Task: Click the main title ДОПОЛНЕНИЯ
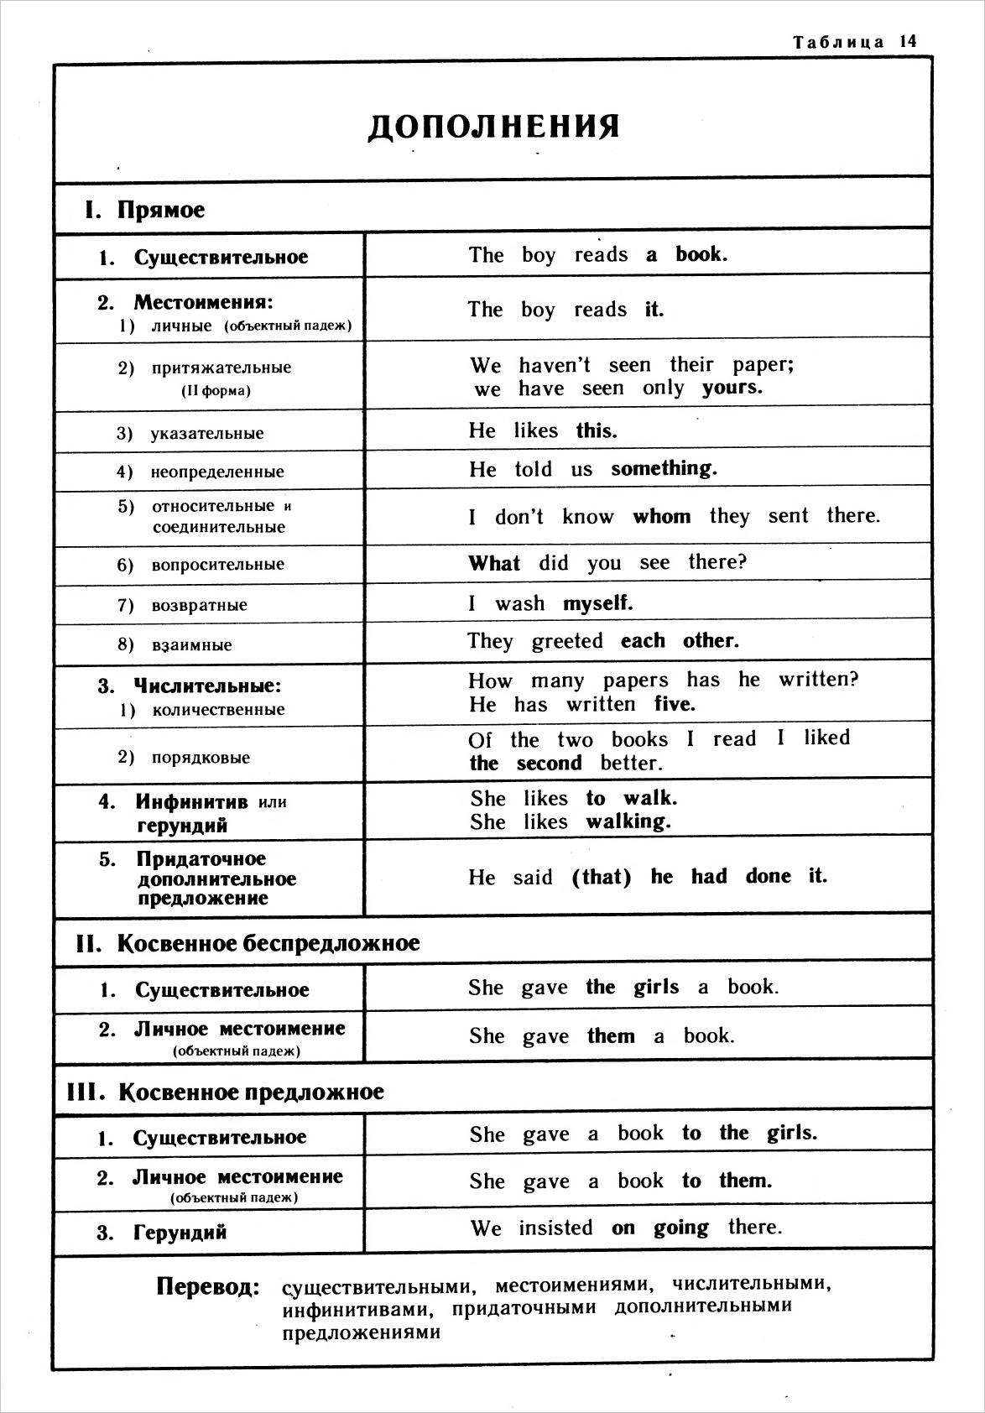(494, 126)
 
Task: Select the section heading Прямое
(161, 210)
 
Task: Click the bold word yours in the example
(732, 388)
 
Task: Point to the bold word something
(664, 468)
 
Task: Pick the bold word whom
(661, 516)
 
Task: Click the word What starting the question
(494, 562)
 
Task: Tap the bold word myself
(597, 603)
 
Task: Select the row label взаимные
(192, 645)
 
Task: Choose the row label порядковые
(201, 758)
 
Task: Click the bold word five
(675, 704)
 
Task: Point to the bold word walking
(628, 821)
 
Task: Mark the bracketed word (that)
(601, 877)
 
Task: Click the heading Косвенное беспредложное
(268, 943)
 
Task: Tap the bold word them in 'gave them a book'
(611, 1036)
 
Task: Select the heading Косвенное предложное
(251, 1092)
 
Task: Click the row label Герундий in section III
(180, 1233)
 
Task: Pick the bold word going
(680, 1228)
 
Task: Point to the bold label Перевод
(207, 1286)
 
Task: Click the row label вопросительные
(217, 565)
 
